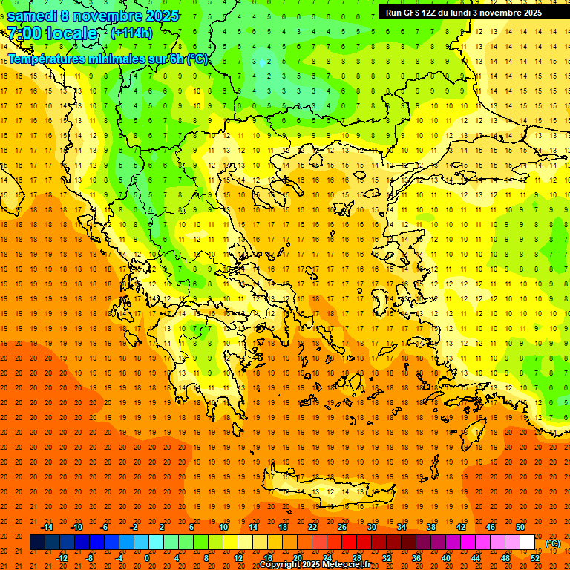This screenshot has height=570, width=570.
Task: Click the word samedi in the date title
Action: coord(32,16)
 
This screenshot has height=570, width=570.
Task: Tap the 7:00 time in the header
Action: coord(24,34)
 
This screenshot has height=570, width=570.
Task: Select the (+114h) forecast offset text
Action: coord(131,33)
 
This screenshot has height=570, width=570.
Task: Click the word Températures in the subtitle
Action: coord(44,59)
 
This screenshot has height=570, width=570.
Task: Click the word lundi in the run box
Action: coord(457,13)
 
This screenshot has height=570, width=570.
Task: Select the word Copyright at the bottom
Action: coord(282,565)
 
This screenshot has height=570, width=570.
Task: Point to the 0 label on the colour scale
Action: coord(147,558)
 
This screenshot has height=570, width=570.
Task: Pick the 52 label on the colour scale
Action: coord(534,558)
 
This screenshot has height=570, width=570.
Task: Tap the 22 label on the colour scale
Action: coord(312,527)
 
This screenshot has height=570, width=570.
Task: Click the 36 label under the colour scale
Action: coord(416,558)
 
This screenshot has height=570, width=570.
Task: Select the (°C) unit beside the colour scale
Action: coord(552,543)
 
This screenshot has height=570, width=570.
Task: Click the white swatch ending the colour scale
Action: coord(527,543)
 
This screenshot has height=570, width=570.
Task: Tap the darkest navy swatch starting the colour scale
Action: coord(37,543)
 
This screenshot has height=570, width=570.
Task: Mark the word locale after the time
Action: coord(71,34)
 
